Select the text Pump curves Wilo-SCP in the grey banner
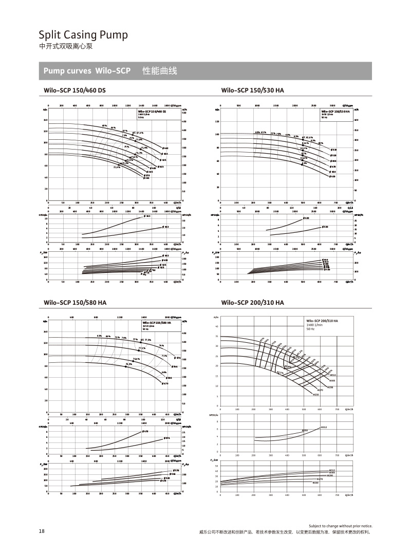(87, 71)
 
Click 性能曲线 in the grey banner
(159, 71)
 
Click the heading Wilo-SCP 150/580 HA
(76, 303)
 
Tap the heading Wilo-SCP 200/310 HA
(252, 303)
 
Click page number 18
(42, 531)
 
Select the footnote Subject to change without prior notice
(340, 526)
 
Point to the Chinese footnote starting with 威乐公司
(286, 532)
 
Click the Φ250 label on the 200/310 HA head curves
(316, 395)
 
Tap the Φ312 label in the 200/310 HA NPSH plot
(324, 427)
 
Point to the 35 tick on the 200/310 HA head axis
(217, 336)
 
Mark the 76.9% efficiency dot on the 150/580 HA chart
(125, 366)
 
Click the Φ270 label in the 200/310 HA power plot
(320, 479)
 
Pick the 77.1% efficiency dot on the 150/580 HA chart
(139, 350)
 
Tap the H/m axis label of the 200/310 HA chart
(216, 318)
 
